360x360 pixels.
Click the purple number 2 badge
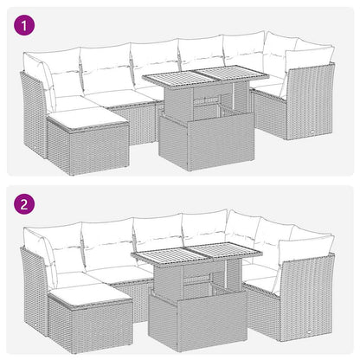[25, 204]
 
